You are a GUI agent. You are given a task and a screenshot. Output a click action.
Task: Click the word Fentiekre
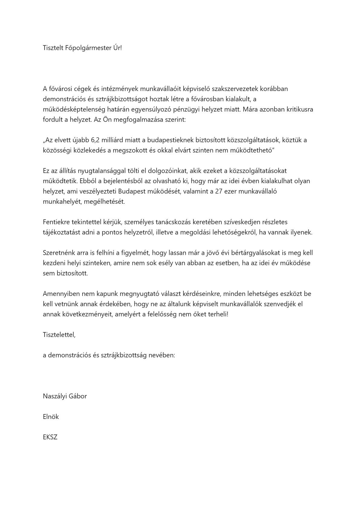[56, 222]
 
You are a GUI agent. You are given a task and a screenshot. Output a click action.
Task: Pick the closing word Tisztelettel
[59, 335]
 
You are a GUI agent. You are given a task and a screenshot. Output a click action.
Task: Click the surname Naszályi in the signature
[55, 396]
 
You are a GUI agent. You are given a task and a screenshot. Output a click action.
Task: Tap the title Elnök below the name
[51, 417]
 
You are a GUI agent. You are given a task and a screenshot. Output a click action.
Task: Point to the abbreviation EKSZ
[50, 437]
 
